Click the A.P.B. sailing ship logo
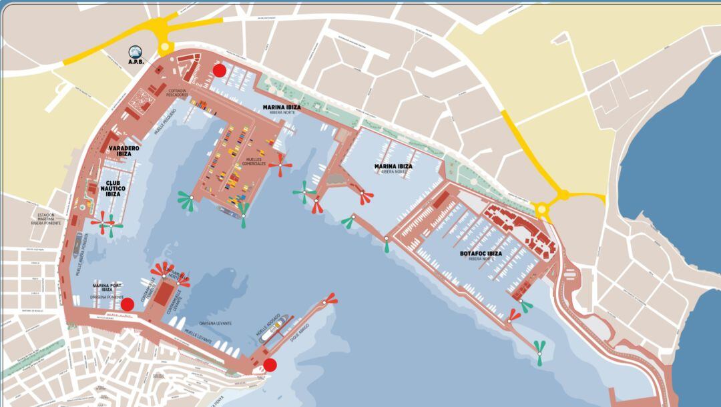[x=136, y=51]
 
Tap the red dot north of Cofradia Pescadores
[x=219, y=70]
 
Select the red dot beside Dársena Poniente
[x=127, y=304]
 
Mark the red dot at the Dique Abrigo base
[x=270, y=364]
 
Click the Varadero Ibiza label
[x=124, y=151]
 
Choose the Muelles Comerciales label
[x=255, y=161]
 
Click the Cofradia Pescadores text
[x=177, y=93]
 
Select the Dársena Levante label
[x=215, y=324]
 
